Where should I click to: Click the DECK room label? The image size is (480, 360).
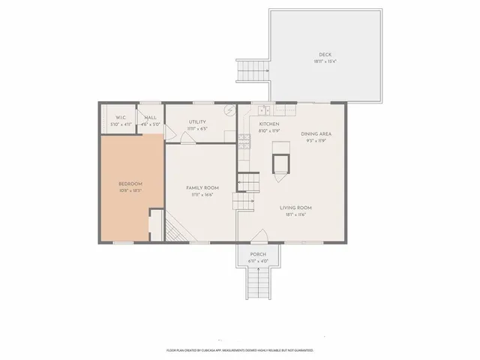tap(325, 54)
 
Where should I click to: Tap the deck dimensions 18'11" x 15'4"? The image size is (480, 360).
tap(325, 61)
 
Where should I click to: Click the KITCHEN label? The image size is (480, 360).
tap(269, 124)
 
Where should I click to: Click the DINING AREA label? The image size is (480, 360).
tap(316, 133)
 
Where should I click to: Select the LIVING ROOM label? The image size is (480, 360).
tap(295, 208)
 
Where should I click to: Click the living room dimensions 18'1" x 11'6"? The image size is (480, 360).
tap(295, 214)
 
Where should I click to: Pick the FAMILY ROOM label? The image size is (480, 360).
tap(202, 188)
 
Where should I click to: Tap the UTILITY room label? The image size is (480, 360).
tap(197, 121)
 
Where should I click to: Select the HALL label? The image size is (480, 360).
tap(151, 118)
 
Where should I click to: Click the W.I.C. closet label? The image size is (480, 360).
tap(120, 118)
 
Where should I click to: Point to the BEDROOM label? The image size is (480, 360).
tap(130, 184)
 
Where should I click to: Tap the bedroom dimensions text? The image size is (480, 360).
tap(130, 190)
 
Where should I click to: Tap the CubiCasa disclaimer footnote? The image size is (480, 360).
tap(239, 350)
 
